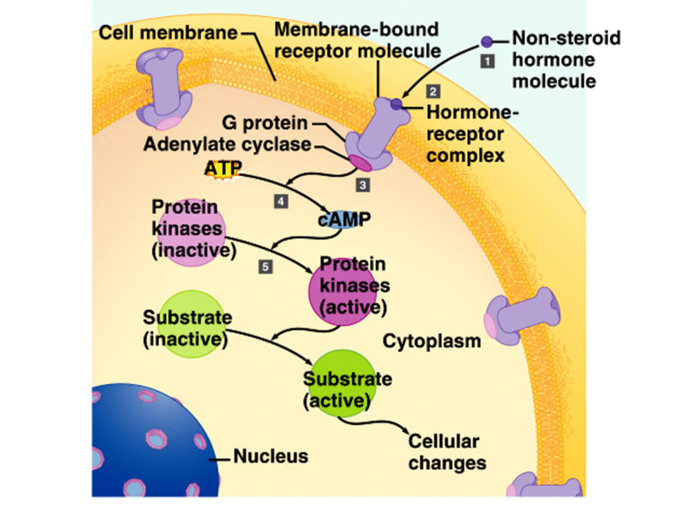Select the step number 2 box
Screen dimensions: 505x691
point(433,90)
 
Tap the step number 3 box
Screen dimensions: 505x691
point(362,184)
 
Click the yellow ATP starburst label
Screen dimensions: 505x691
point(223,169)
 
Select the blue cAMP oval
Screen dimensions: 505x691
point(344,220)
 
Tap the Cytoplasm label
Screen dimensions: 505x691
point(432,341)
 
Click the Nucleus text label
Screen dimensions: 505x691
point(271,456)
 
